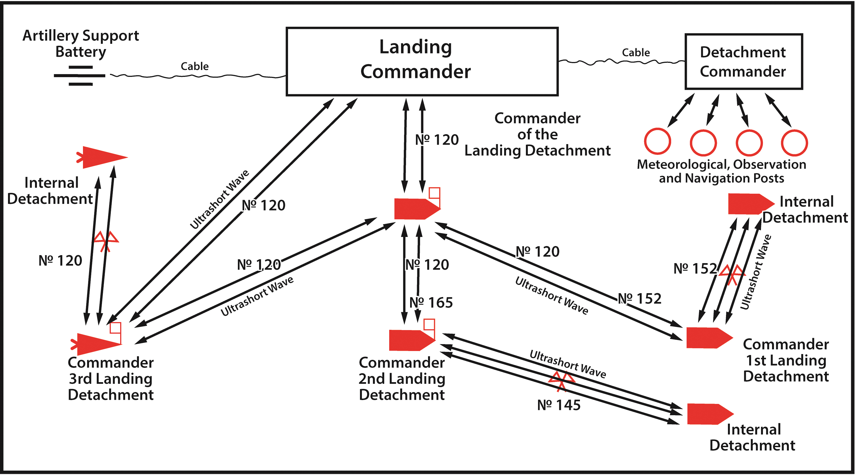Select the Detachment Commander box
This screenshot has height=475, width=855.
[x=743, y=62]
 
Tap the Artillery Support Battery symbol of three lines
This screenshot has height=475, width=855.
[x=80, y=75]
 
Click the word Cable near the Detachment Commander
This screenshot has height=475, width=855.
[x=636, y=52]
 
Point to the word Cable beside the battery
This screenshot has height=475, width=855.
[x=195, y=66]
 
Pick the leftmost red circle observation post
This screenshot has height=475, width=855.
[x=658, y=141]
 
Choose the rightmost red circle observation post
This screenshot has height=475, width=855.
[x=794, y=143]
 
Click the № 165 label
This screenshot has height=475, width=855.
[x=431, y=303]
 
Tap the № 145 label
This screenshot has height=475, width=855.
[x=559, y=405]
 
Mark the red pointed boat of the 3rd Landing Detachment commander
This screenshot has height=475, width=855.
[x=96, y=343]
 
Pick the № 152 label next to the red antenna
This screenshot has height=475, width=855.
[x=695, y=268]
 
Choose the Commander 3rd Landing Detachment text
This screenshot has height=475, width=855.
[x=111, y=379]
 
